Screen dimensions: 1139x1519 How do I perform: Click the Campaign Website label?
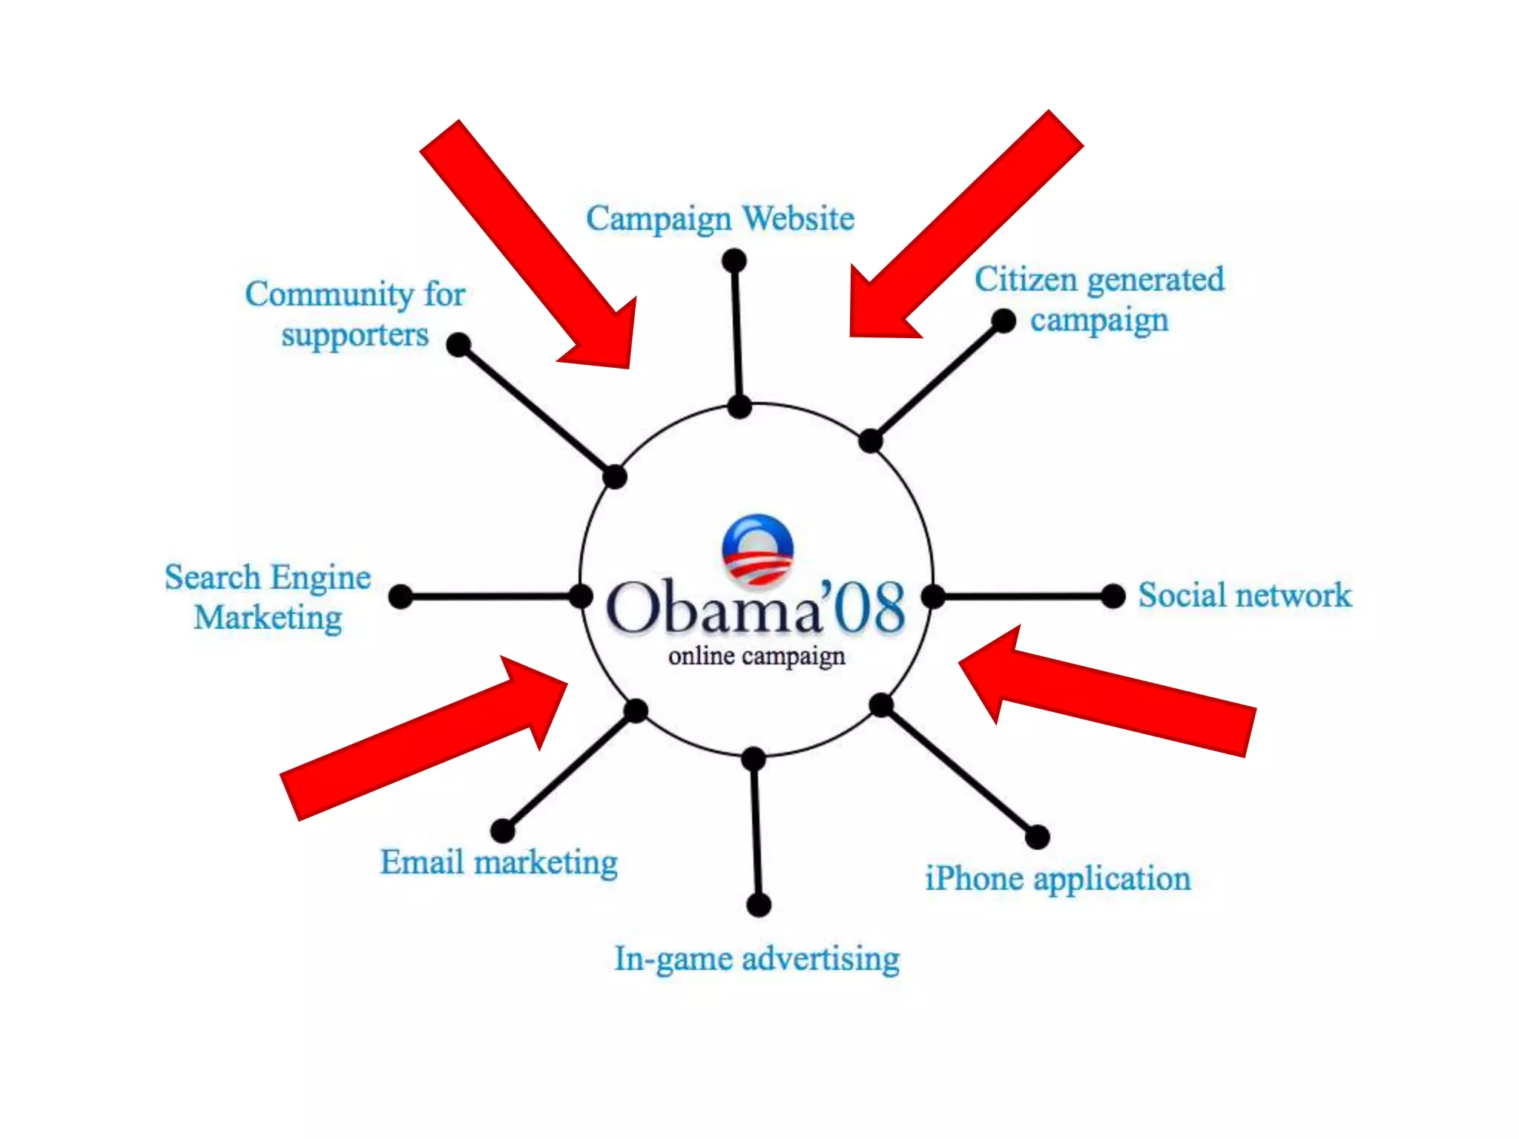pyautogui.click(x=719, y=219)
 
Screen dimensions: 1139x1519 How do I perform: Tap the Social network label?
pyautogui.click(x=1245, y=595)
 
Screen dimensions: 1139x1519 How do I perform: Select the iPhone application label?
pyautogui.click(x=1058, y=879)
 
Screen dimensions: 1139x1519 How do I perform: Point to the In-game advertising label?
pyautogui.click(x=757, y=958)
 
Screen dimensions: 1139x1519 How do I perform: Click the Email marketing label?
pyautogui.click(x=498, y=862)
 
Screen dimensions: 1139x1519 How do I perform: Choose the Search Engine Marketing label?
pyautogui.click(x=268, y=597)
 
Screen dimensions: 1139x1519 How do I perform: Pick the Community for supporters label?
pyautogui.click(x=355, y=314)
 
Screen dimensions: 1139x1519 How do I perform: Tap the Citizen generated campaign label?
pyautogui.click(x=1099, y=300)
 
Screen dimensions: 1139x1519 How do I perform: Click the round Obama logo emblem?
pyautogui.click(x=757, y=549)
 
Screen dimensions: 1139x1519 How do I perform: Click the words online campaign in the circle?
pyautogui.click(x=757, y=656)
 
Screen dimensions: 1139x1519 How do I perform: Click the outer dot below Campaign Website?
pyautogui.click(x=734, y=260)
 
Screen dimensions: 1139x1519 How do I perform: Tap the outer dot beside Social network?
pyautogui.click(x=1113, y=595)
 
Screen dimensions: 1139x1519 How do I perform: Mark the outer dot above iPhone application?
pyautogui.click(x=1037, y=836)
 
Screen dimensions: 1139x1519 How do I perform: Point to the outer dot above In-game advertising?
pyautogui.click(x=758, y=905)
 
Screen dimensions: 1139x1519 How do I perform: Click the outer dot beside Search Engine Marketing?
pyautogui.click(x=401, y=596)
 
